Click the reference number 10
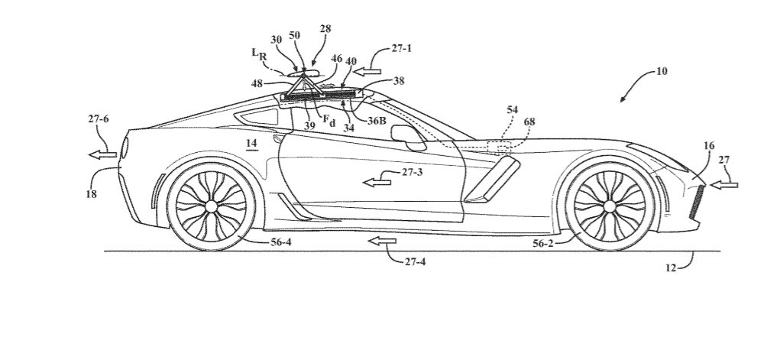click(x=661, y=72)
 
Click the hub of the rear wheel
click(x=211, y=206)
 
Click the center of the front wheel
click(x=609, y=206)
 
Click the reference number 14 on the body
click(x=252, y=144)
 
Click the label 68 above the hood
click(x=529, y=122)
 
